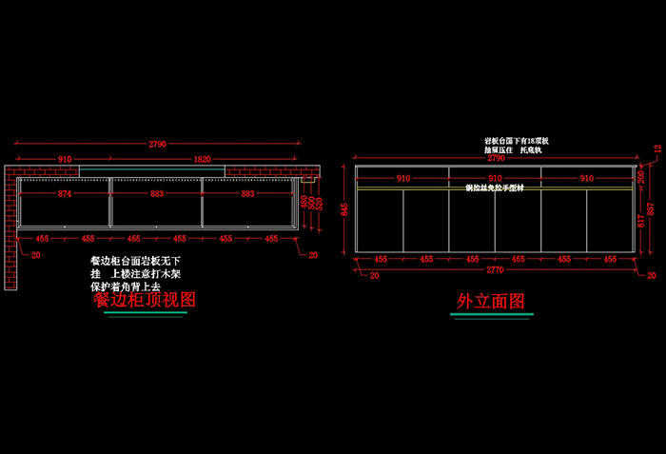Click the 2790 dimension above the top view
(158, 144)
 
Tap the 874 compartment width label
(65, 194)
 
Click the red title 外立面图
(491, 302)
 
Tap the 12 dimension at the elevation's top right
(657, 148)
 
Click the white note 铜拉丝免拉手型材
(495, 188)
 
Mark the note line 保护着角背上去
(127, 286)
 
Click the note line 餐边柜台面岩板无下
(135, 260)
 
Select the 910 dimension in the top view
(65, 160)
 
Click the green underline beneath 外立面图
(492, 314)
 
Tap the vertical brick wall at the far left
(12, 228)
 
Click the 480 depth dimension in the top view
(304, 202)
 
